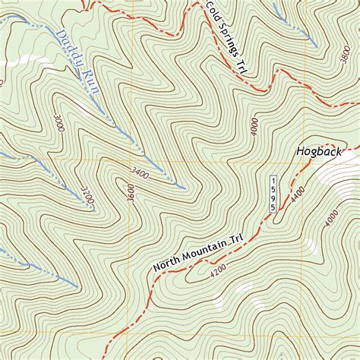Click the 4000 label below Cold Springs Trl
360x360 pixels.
click(x=254, y=128)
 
